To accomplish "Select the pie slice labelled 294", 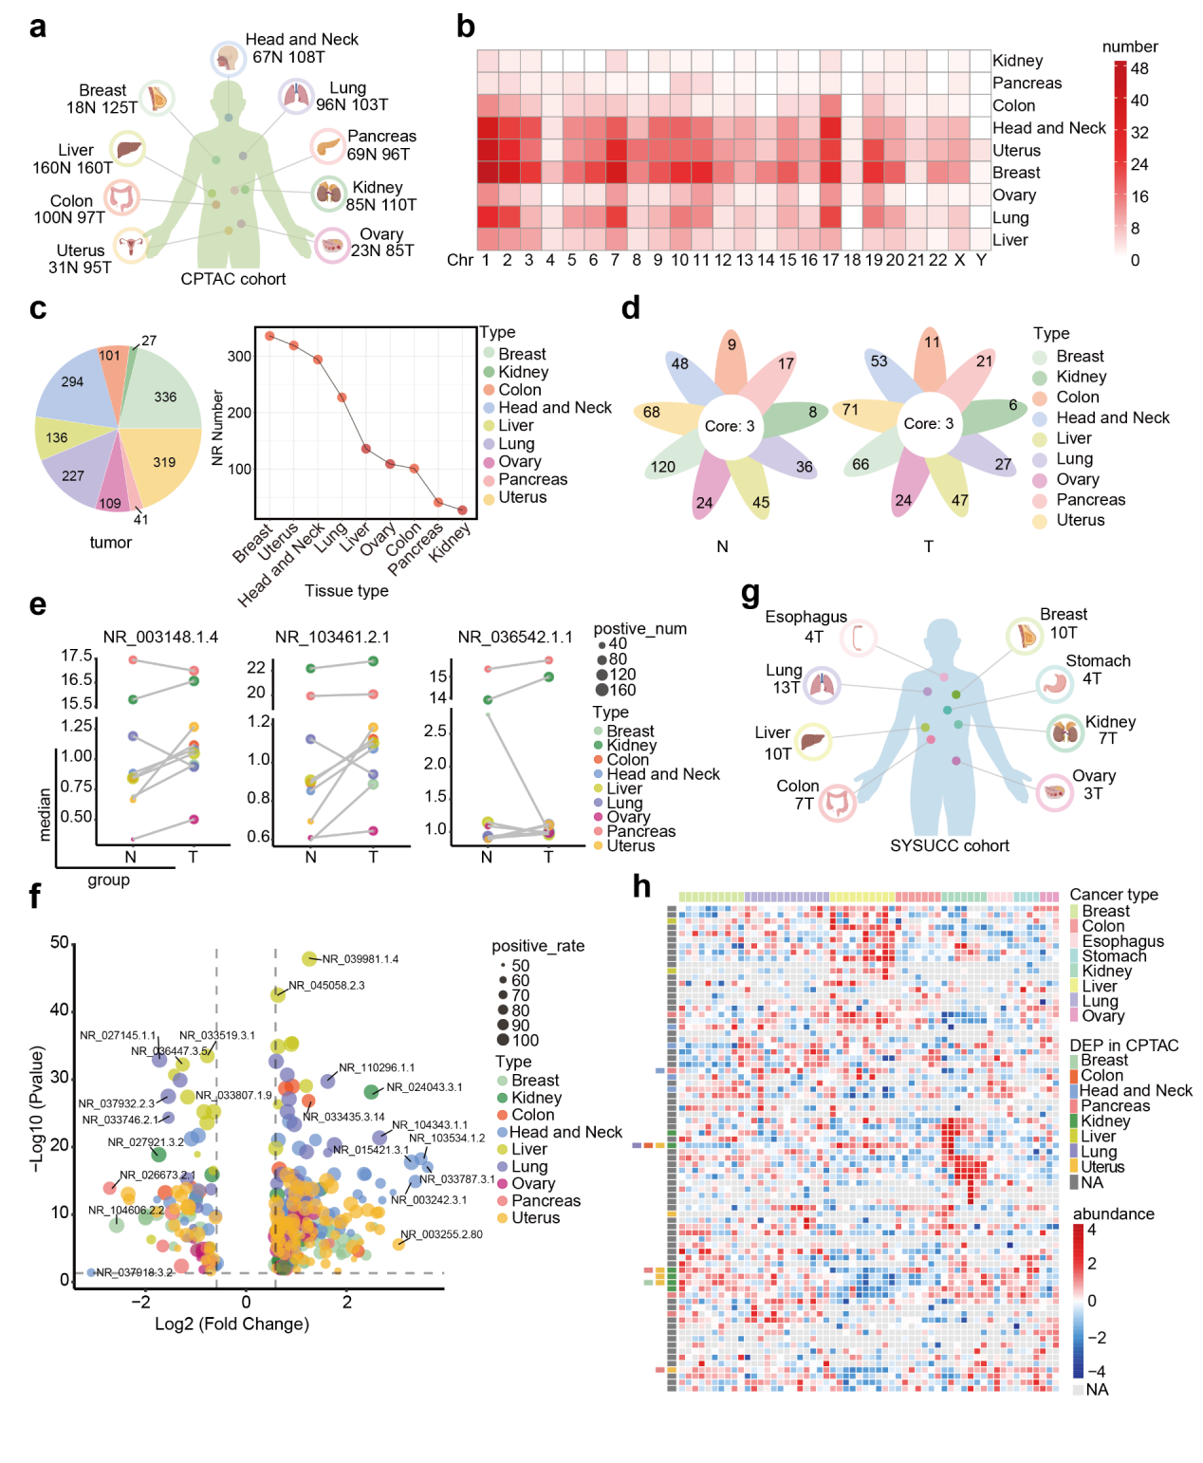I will (x=73, y=381).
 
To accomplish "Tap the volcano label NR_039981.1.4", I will (x=360, y=959).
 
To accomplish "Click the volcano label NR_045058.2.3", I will (x=326, y=986).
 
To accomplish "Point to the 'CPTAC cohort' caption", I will (x=233, y=279).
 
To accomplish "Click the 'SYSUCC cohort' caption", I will (x=949, y=845).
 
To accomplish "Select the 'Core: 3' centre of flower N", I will (x=730, y=426).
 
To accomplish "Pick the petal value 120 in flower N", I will (x=663, y=467).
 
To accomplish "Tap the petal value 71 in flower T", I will (x=850, y=410).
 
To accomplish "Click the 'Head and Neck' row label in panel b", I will (x=1048, y=128).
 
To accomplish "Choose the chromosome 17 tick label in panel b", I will (x=830, y=260).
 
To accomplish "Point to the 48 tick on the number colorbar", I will (x=1139, y=68).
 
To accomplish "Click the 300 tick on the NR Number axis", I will (x=239, y=357).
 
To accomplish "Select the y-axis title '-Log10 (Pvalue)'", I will (x=37, y=1108).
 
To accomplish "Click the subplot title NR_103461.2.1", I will (x=332, y=637).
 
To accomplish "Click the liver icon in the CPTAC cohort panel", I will (x=127, y=149).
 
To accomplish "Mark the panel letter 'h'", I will (x=642, y=886).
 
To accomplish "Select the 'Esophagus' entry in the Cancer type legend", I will (x=1122, y=941).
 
